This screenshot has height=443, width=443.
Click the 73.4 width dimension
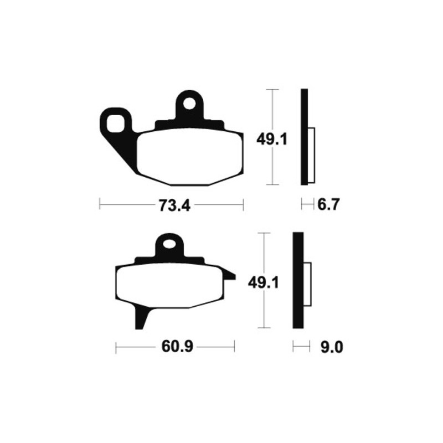point(174,205)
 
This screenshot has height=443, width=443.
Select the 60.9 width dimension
point(177,347)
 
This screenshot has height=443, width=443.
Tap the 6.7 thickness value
point(328,204)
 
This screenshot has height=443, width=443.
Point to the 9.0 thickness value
point(332,347)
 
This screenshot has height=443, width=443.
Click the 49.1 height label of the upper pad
point(271,140)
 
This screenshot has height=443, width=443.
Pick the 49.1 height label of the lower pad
point(264,283)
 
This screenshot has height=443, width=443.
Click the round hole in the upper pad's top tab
point(189,104)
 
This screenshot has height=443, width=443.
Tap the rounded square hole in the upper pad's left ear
point(116,123)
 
